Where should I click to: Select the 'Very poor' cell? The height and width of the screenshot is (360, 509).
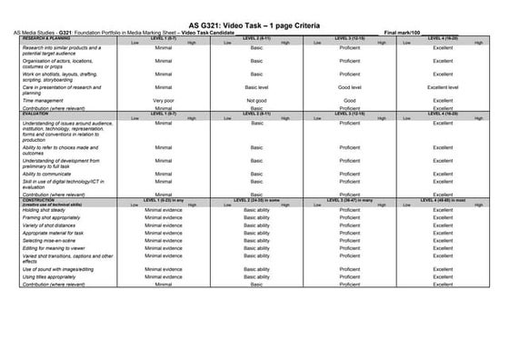click(164, 100)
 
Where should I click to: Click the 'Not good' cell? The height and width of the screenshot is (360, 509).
click(256, 100)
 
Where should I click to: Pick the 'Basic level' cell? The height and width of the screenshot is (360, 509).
click(256, 88)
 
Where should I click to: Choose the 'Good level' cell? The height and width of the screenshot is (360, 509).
click(350, 88)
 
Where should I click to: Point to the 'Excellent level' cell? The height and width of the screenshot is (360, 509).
click(443, 88)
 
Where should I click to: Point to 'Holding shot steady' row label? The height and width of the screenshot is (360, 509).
click(45, 211)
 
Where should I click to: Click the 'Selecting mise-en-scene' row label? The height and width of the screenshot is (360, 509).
click(49, 240)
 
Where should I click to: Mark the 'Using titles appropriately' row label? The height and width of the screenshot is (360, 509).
click(51, 276)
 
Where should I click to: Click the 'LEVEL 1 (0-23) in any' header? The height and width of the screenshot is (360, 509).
click(164, 198)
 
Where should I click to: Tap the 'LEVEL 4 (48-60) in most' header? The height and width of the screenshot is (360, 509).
click(443, 198)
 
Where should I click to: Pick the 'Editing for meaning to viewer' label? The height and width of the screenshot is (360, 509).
click(55, 247)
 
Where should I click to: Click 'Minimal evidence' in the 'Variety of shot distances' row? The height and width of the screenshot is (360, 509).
click(164, 225)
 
